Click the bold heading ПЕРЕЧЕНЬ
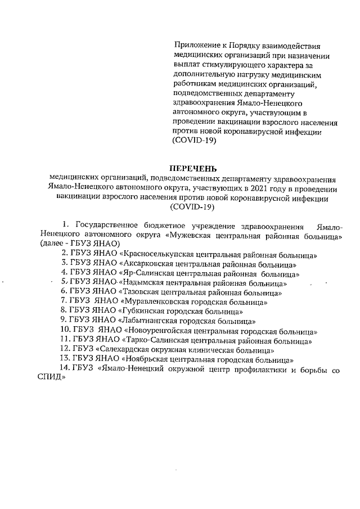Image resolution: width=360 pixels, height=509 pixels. pos(193,168)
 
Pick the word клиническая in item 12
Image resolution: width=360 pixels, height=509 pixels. pos(210,349)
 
